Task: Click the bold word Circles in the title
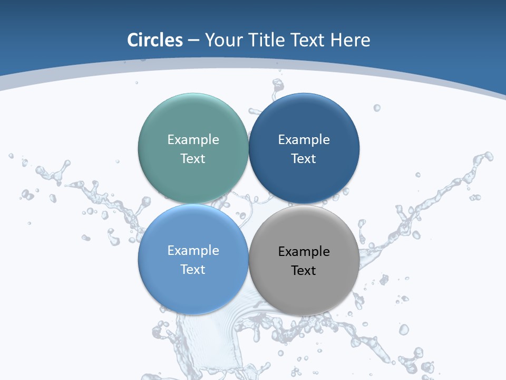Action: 155,40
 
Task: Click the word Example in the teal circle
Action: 193,140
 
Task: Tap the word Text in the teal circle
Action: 193,159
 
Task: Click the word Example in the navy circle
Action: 304,140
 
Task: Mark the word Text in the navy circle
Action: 304,159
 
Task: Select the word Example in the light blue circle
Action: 193,251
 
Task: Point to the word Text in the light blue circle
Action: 193,270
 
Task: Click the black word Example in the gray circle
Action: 304,252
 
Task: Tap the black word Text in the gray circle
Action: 304,271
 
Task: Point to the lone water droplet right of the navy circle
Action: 377,108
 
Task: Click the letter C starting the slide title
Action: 133,40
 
